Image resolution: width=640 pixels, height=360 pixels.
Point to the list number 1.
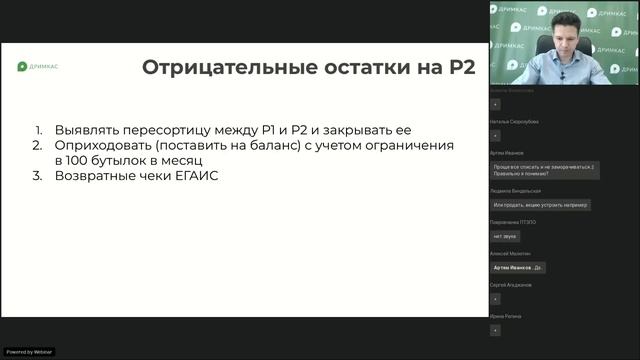pos(39,130)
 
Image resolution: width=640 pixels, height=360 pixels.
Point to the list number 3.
pos(39,176)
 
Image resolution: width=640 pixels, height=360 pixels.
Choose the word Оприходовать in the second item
pos(107,145)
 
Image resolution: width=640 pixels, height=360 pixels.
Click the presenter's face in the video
pos(561,38)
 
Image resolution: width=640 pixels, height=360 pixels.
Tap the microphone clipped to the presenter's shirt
pos(562,74)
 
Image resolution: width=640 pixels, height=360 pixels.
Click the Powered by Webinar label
pos(29,351)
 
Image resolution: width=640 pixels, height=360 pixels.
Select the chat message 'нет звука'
pos(503,236)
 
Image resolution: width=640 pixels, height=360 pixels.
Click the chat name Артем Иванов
pos(507,153)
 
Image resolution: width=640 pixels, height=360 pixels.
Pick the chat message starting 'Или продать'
pos(541,205)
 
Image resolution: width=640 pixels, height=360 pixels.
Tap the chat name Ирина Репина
pos(506,316)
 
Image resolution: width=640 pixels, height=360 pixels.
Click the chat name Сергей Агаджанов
pos(512,285)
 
